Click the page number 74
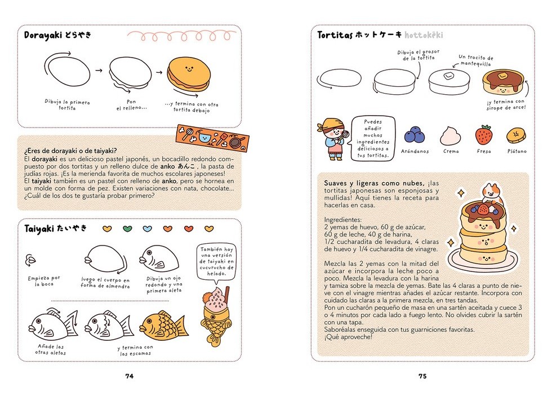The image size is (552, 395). coord(129,376)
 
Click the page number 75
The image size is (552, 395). coord(422,376)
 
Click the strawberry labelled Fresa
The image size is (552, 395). coord(484,135)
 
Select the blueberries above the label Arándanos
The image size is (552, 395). coord(415,135)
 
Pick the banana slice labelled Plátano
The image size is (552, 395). coord(516,135)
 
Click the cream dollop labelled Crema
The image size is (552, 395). coord(451,136)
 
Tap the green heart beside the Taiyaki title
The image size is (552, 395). coord(127,229)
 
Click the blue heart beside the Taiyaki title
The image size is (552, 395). coord(148,229)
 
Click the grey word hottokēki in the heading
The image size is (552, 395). coord(424,35)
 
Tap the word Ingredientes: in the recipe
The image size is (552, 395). coord(343,220)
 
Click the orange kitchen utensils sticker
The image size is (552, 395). coord(212,138)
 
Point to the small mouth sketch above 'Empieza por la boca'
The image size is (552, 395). coord(30,260)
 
